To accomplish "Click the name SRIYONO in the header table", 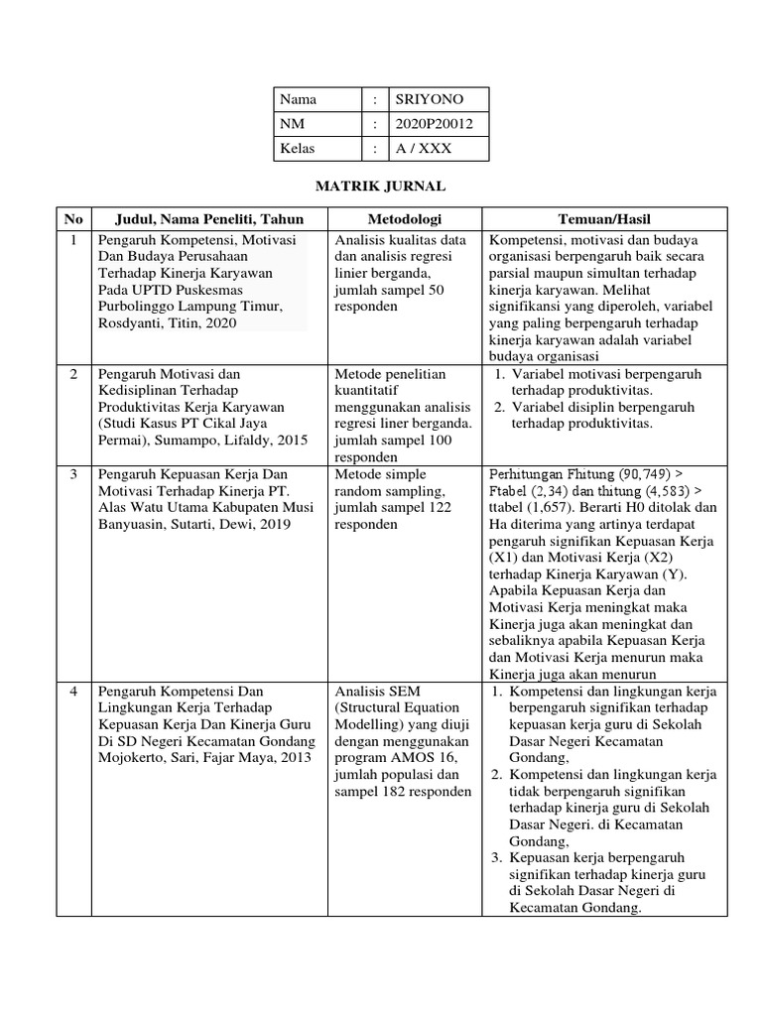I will (429, 99).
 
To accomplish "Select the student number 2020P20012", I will (435, 124).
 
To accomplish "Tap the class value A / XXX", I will (422, 149).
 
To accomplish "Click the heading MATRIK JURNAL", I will (380, 186).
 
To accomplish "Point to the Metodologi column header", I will (405, 218).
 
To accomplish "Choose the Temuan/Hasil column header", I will (604, 218).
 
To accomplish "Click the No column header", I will (73, 218).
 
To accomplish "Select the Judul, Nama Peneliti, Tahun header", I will (209, 218).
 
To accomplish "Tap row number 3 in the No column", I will (73, 475).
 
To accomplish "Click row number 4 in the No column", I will (73, 691).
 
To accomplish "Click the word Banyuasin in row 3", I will (131, 525).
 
